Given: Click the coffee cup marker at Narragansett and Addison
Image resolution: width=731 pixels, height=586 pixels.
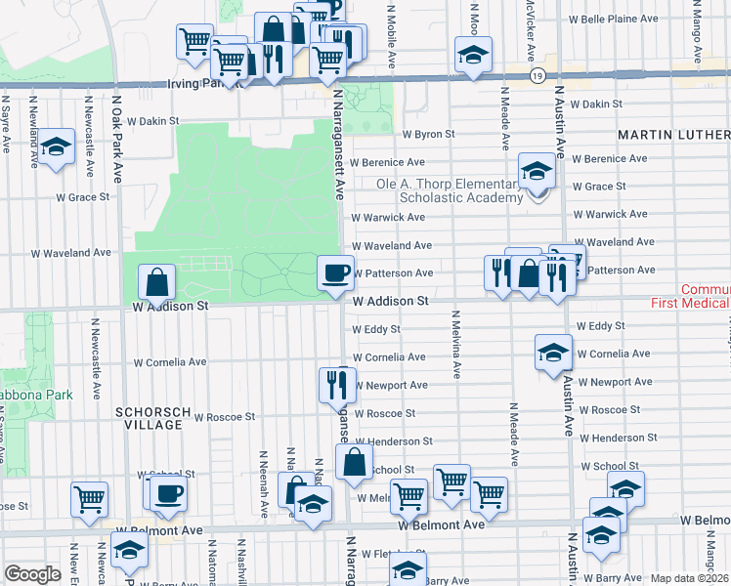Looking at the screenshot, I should coord(336,272).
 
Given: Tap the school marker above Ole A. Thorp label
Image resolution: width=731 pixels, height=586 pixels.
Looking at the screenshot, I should coord(536,172).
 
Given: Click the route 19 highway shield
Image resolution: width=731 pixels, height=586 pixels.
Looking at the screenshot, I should coord(537,75).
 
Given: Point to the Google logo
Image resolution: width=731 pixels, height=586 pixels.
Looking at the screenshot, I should coord(32,574).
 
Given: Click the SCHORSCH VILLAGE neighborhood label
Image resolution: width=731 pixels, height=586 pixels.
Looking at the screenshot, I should coord(149,419).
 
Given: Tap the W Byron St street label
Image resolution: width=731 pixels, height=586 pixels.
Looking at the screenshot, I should coord(429,134).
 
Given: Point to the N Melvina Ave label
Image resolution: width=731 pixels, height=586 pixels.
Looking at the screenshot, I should coord(455,345).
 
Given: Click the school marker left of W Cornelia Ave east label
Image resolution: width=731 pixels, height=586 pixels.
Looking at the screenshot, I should coord(553,352).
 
